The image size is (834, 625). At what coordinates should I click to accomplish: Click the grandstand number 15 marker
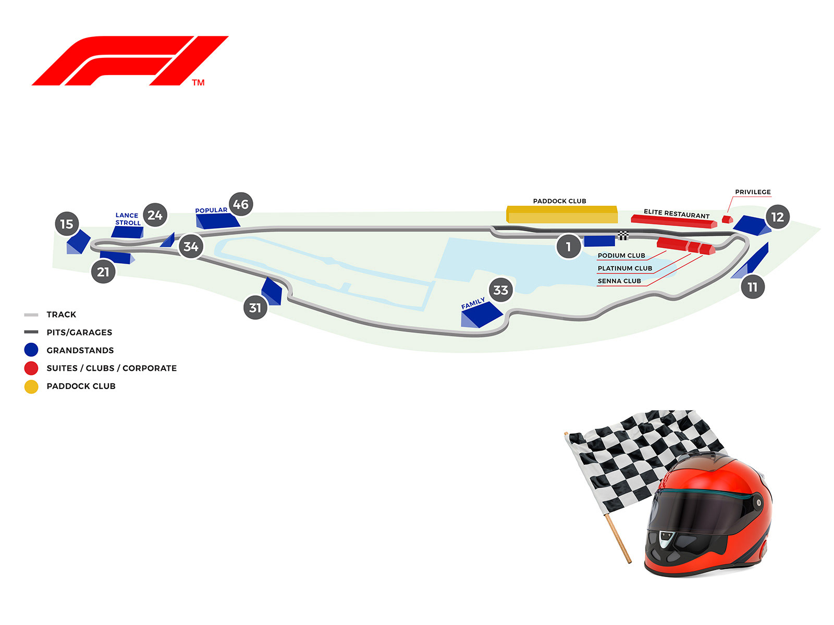coord(67,224)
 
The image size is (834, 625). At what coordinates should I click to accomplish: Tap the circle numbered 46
coord(241,204)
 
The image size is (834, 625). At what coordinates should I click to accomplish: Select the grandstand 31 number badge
coord(255,308)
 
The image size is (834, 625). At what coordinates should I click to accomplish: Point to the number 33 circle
coord(500,290)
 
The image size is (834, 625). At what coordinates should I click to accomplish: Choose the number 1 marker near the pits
coord(568,247)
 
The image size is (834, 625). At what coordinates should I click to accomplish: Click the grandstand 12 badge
coord(777,217)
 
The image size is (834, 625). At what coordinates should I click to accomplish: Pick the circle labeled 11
coord(752,287)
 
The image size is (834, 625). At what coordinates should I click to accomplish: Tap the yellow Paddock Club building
coord(562,215)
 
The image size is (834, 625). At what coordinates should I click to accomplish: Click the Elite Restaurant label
coord(677,214)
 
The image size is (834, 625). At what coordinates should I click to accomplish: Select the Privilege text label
coord(753,192)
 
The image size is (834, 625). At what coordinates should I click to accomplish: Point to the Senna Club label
coord(619,281)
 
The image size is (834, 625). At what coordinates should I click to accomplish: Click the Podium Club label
coord(621,256)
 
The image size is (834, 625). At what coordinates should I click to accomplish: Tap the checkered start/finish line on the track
coord(623,235)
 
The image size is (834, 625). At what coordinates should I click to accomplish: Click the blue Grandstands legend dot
coord(31,350)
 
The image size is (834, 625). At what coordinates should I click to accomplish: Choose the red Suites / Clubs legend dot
coord(31,368)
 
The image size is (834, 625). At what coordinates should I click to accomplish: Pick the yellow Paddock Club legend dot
coord(31,386)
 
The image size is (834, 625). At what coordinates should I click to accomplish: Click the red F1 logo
coord(130,60)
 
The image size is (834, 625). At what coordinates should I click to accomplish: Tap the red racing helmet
coord(709,516)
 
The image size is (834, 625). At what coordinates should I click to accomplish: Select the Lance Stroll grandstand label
coord(128,219)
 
